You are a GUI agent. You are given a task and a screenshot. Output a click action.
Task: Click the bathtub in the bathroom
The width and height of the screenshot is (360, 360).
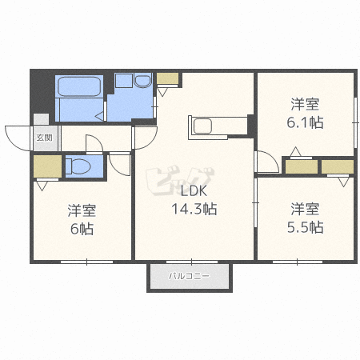79,86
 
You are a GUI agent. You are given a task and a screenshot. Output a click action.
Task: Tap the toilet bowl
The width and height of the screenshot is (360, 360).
78,166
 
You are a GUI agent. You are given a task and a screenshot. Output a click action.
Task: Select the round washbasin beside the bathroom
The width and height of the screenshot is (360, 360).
142,80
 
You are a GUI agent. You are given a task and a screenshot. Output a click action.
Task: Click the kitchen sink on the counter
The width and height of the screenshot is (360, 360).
202,126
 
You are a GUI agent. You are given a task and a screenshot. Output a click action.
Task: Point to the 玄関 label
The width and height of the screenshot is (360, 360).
44,138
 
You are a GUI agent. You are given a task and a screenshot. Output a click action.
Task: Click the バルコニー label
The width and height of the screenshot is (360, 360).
189,276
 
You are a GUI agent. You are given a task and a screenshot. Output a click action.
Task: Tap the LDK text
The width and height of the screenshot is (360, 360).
194,191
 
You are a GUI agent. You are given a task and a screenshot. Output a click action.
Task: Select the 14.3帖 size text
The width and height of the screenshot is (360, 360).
194,209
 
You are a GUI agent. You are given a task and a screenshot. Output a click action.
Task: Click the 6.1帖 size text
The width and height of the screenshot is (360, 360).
305,122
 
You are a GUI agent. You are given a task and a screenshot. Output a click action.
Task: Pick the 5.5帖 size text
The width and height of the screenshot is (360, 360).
305,227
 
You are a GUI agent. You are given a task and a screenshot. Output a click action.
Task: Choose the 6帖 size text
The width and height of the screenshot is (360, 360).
82,229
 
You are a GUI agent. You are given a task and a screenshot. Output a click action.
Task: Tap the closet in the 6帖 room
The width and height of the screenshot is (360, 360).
47,166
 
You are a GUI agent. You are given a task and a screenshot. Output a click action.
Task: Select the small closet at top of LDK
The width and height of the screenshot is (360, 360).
167,78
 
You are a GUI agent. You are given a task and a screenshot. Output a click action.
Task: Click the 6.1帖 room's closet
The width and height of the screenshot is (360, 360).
302,166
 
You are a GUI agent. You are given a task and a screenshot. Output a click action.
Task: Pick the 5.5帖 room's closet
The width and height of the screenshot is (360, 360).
338,166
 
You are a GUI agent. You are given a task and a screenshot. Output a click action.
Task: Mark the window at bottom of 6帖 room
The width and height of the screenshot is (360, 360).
87,262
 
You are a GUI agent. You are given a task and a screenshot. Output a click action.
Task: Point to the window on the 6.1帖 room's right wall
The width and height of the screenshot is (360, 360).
355,122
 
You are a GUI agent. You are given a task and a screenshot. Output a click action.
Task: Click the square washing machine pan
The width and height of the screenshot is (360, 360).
124,80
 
